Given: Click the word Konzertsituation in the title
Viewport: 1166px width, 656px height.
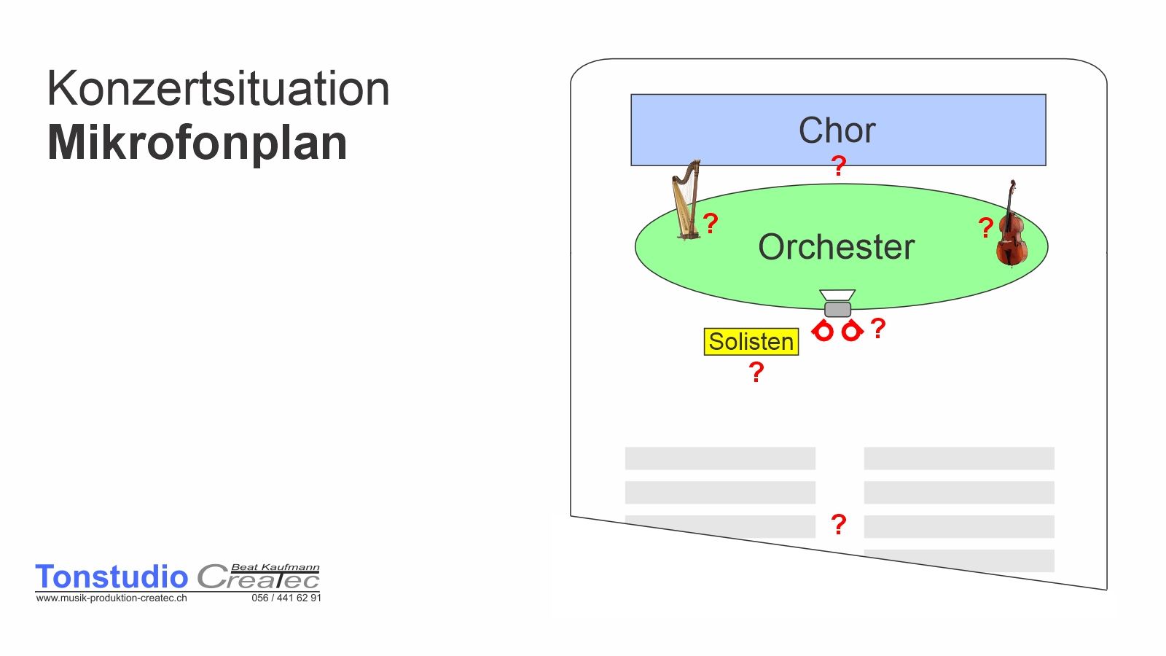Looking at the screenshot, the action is [218, 88].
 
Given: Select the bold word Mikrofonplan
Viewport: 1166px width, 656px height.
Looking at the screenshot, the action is [197, 143].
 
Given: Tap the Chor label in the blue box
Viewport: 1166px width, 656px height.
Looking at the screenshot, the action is [837, 130].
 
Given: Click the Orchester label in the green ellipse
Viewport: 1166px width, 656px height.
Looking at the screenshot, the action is [837, 247].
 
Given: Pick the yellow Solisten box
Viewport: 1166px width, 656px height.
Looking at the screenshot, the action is [751, 342].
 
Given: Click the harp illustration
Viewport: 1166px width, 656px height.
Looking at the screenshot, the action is [687, 200].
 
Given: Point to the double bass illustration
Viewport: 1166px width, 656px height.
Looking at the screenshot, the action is [1012, 224].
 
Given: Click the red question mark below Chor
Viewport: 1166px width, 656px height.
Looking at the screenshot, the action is [838, 166].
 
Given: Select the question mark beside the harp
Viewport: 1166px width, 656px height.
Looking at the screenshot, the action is [711, 223].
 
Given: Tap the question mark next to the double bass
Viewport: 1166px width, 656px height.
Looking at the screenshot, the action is [986, 227].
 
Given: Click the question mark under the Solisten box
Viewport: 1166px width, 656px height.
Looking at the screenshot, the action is [756, 372].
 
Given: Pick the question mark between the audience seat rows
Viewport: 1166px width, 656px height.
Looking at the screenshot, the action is [839, 524].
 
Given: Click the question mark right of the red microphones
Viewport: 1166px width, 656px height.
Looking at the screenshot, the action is [878, 329].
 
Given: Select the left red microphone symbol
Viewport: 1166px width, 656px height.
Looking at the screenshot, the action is [823, 331].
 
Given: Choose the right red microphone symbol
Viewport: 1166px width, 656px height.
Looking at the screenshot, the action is [852, 331].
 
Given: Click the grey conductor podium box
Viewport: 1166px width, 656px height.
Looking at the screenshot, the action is [837, 309].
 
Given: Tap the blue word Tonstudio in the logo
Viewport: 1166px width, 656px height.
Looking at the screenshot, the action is [111, 577].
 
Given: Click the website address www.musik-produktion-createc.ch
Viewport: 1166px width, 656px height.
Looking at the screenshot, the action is [111, 598].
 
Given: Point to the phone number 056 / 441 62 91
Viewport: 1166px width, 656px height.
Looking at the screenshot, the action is [286, 598].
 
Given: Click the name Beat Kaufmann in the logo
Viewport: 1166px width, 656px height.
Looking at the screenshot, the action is [275, 568].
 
